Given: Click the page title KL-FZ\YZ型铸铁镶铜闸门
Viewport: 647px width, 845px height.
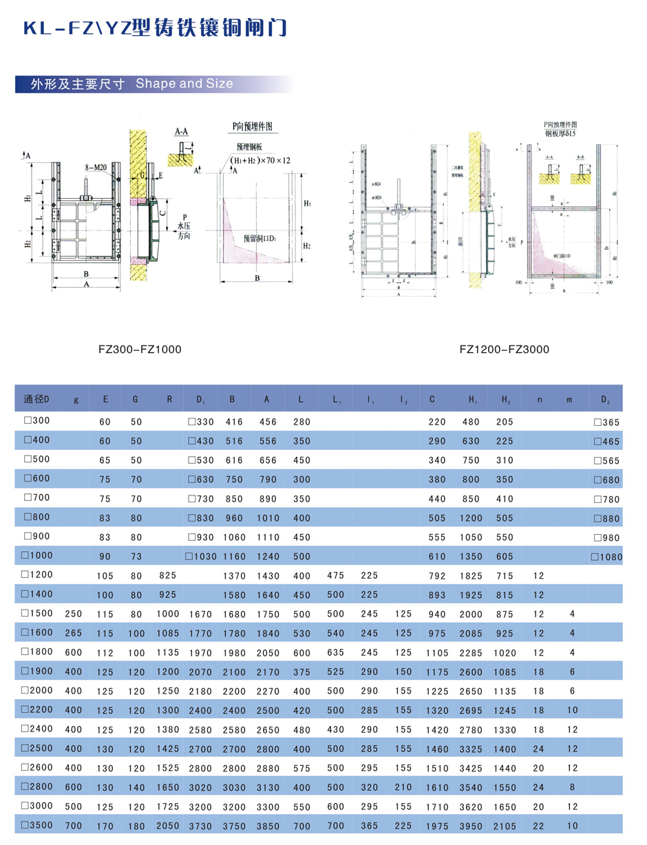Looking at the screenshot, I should coord(154,28).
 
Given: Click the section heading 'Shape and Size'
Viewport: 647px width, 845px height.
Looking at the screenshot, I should coord(184,84).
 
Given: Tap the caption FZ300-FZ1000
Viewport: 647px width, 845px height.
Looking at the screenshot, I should coord(140,350).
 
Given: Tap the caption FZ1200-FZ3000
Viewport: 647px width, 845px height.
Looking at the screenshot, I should coord(505,350).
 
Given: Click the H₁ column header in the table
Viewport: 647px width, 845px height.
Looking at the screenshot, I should coord(473,399).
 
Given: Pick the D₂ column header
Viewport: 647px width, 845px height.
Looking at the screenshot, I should coord(605,399).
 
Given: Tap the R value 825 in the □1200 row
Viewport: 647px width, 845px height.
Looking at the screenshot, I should coord(167,574).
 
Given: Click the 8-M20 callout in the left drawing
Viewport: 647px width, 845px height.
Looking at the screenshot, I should coord(96,167).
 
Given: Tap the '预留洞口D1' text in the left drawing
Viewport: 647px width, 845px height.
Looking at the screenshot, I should coord(259,238).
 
